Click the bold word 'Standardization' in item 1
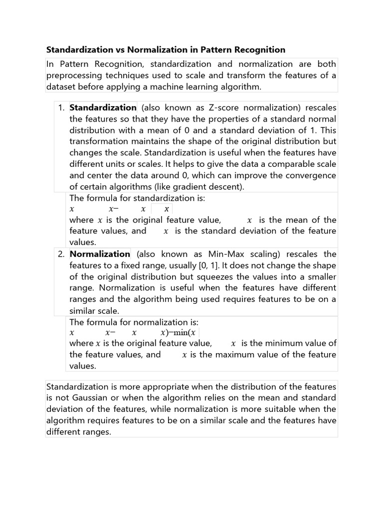pyautogui.click(x=103, y=108)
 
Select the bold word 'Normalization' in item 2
pyautogui.click(x=100, y=254)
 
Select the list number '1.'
pyautogui.click(x=61, y=108)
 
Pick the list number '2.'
pyautogui.click(x=61, y=254)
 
